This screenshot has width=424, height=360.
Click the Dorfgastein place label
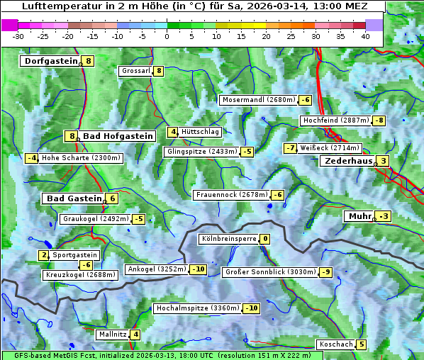click(x=50, y=61)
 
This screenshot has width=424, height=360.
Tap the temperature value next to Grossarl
click(x=159, y=71)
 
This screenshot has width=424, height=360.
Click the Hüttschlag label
click(x=201, y=132)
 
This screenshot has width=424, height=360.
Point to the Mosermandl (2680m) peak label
click(x=258, y=100)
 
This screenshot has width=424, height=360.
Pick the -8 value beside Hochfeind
click(x=379, y=120)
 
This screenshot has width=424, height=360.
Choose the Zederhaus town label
click(x=347, y=161)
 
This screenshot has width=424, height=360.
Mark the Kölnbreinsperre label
click(x=228, y=240)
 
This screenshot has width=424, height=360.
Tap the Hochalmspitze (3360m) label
click(x=197, y=308)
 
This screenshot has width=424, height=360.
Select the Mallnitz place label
click(x=112, y=334)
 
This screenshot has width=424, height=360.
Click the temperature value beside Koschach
click(x=362, y=344)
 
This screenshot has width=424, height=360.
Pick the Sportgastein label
click(x=75, y=255)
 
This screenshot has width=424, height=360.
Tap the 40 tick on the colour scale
click(x=365, y=36)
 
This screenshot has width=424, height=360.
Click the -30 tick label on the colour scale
click(x=18, y=36)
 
